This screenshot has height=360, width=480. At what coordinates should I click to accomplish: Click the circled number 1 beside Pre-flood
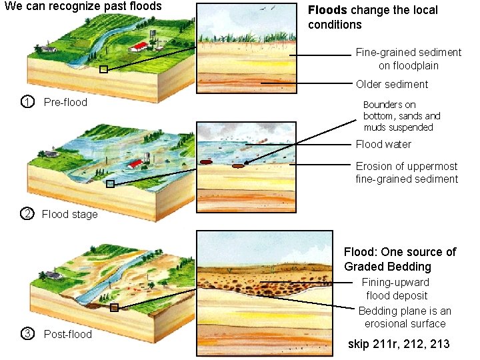[x=27, y=102]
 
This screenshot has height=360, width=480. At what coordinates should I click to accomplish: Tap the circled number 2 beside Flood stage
[x=27, y=214]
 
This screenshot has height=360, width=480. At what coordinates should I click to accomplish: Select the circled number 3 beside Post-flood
[x=27, y=333]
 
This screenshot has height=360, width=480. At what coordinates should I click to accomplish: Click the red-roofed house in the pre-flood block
[x=139, y=46]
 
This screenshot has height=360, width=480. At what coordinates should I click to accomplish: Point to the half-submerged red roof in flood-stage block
[x=137, y=163]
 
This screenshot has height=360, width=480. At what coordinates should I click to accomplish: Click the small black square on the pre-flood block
[x=103, y=69]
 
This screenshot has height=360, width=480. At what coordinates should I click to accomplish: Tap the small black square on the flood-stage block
[x=111, y=184]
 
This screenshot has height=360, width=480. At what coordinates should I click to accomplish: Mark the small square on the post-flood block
[x=114, y=307]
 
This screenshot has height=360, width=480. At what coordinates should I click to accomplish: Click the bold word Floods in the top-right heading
[x=327, y=11]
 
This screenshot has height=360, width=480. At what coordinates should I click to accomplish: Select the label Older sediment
[x=392, y=84]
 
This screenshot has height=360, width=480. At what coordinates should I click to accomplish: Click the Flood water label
[x=383, y=144]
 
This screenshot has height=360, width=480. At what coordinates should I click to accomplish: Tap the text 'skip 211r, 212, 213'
[x=399, y=344]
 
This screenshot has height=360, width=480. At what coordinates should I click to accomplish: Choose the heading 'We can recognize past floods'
[x=83, y=7]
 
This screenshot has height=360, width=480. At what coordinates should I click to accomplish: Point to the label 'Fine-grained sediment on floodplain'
[x=408, y=59]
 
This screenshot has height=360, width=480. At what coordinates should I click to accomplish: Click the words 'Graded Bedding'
[x=388, y=267]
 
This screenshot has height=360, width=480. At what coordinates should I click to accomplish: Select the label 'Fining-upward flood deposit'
[x=397, y=289]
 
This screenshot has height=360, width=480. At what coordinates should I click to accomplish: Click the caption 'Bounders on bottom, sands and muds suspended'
[x=401, y=116]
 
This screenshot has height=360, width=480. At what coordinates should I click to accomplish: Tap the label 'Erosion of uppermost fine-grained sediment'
[x=407, y=173]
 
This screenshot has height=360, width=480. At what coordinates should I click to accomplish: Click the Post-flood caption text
[x=68, y=333]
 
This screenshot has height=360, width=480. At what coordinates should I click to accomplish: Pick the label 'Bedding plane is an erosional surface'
[x=405, y=317]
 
